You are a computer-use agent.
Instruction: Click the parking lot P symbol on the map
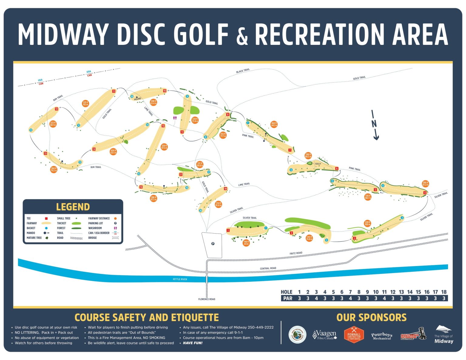tap(213, 244)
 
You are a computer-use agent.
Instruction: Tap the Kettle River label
tap(180, 279)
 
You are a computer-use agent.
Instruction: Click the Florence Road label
tap(207, 299)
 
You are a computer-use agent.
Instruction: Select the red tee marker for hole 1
tap(228, 230)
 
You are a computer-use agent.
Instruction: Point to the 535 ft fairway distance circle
tap(85, 103)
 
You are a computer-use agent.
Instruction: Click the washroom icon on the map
tap(175, 118)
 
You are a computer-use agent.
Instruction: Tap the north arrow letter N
tap(374, 123)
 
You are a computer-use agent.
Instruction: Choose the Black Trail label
tap(243, 71)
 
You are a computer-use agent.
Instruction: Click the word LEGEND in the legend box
tap(73, 207)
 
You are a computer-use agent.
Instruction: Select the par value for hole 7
tap(350, 298)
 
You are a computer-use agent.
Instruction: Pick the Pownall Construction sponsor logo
tap(354, 335)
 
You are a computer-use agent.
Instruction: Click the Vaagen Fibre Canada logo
tap(325, 335)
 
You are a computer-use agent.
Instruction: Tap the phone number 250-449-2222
tap(261, 327)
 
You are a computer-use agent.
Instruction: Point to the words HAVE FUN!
tap(193, 343)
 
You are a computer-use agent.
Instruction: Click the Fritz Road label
tap(296, 253)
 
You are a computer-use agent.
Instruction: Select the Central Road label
tap(268, 268)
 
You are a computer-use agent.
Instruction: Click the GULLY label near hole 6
tap(318, 164)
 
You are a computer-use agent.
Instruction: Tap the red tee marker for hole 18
tap(225, 189)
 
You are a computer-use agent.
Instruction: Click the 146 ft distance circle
tap(246, 243)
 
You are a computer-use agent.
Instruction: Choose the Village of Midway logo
tap(444, 335)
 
